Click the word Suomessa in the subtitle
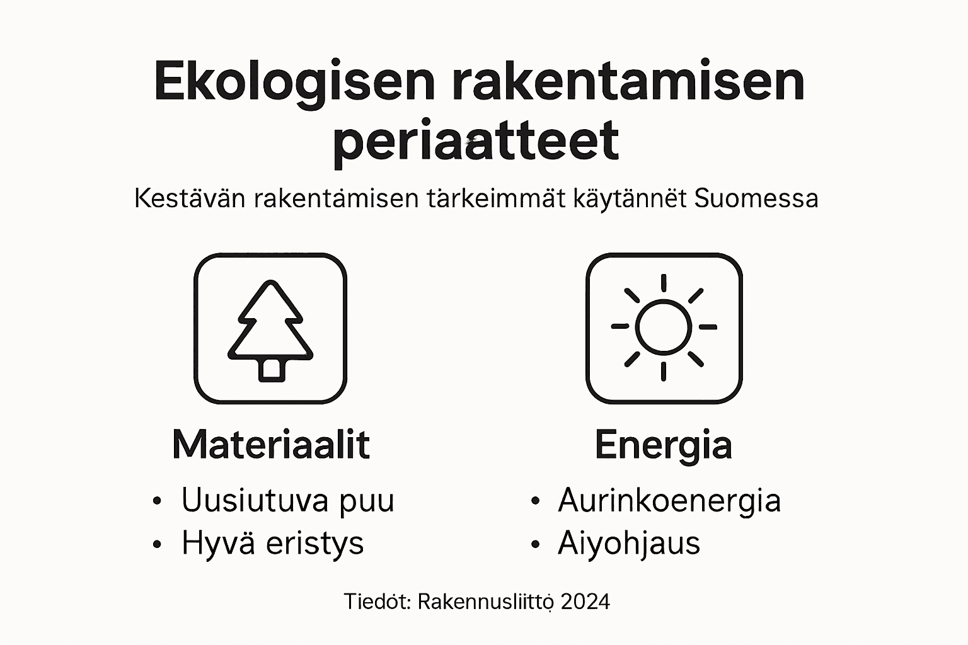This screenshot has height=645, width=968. (756, 199)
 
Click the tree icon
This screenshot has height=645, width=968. (270, 329)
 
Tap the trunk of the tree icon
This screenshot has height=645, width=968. (271, 369)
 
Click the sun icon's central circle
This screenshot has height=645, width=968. (663, 327)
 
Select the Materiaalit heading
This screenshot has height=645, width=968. (270, 445)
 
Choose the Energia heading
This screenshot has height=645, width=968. (663, 446)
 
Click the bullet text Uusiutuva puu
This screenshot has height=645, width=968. (287, 501)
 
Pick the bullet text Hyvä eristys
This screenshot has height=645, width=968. (272, 543)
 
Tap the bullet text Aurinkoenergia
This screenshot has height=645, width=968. (669, 501)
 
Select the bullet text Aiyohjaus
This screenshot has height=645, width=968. (628, 543)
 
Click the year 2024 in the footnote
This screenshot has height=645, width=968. (585, 602)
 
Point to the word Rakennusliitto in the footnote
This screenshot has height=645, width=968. (485, 602)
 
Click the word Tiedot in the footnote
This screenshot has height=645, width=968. (377, 602)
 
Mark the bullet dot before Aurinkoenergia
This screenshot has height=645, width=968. (535, 501)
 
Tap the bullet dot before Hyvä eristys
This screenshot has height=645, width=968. (157, 544)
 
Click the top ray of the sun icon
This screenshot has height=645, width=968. (663, 282)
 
